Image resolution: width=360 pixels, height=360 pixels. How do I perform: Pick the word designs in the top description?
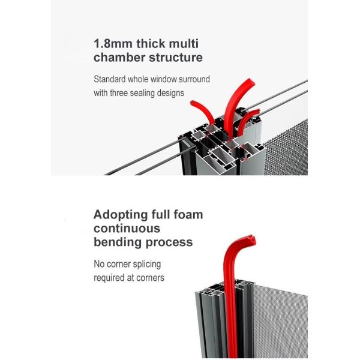click(x=171, y=93)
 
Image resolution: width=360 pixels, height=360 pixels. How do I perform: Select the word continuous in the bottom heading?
click(x=127, y=229)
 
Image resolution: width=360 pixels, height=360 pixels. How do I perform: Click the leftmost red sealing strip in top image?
click(x=200, y=110)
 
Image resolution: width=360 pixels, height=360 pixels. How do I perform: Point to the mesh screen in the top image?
click(x=285, y=147)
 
